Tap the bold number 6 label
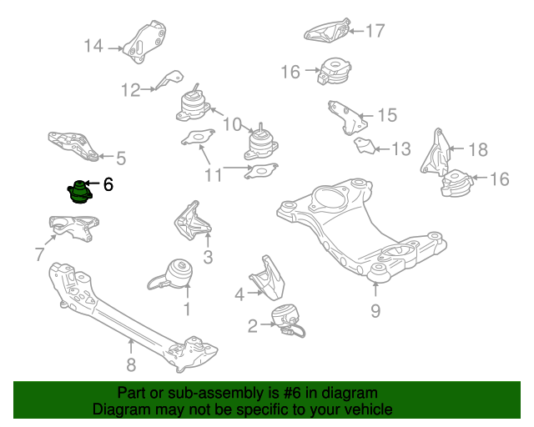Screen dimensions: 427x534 tap(108, 183)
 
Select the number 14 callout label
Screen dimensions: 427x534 tap(93, 47)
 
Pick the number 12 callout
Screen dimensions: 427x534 tap(131, 88)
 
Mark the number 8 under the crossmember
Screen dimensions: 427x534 tap(130, 364)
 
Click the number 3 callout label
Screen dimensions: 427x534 tap(208, 257)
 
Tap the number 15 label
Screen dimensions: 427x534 tap(387, 114)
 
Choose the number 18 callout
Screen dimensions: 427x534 tap(477, 150)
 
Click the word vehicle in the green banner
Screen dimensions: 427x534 tap(365, 409)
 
